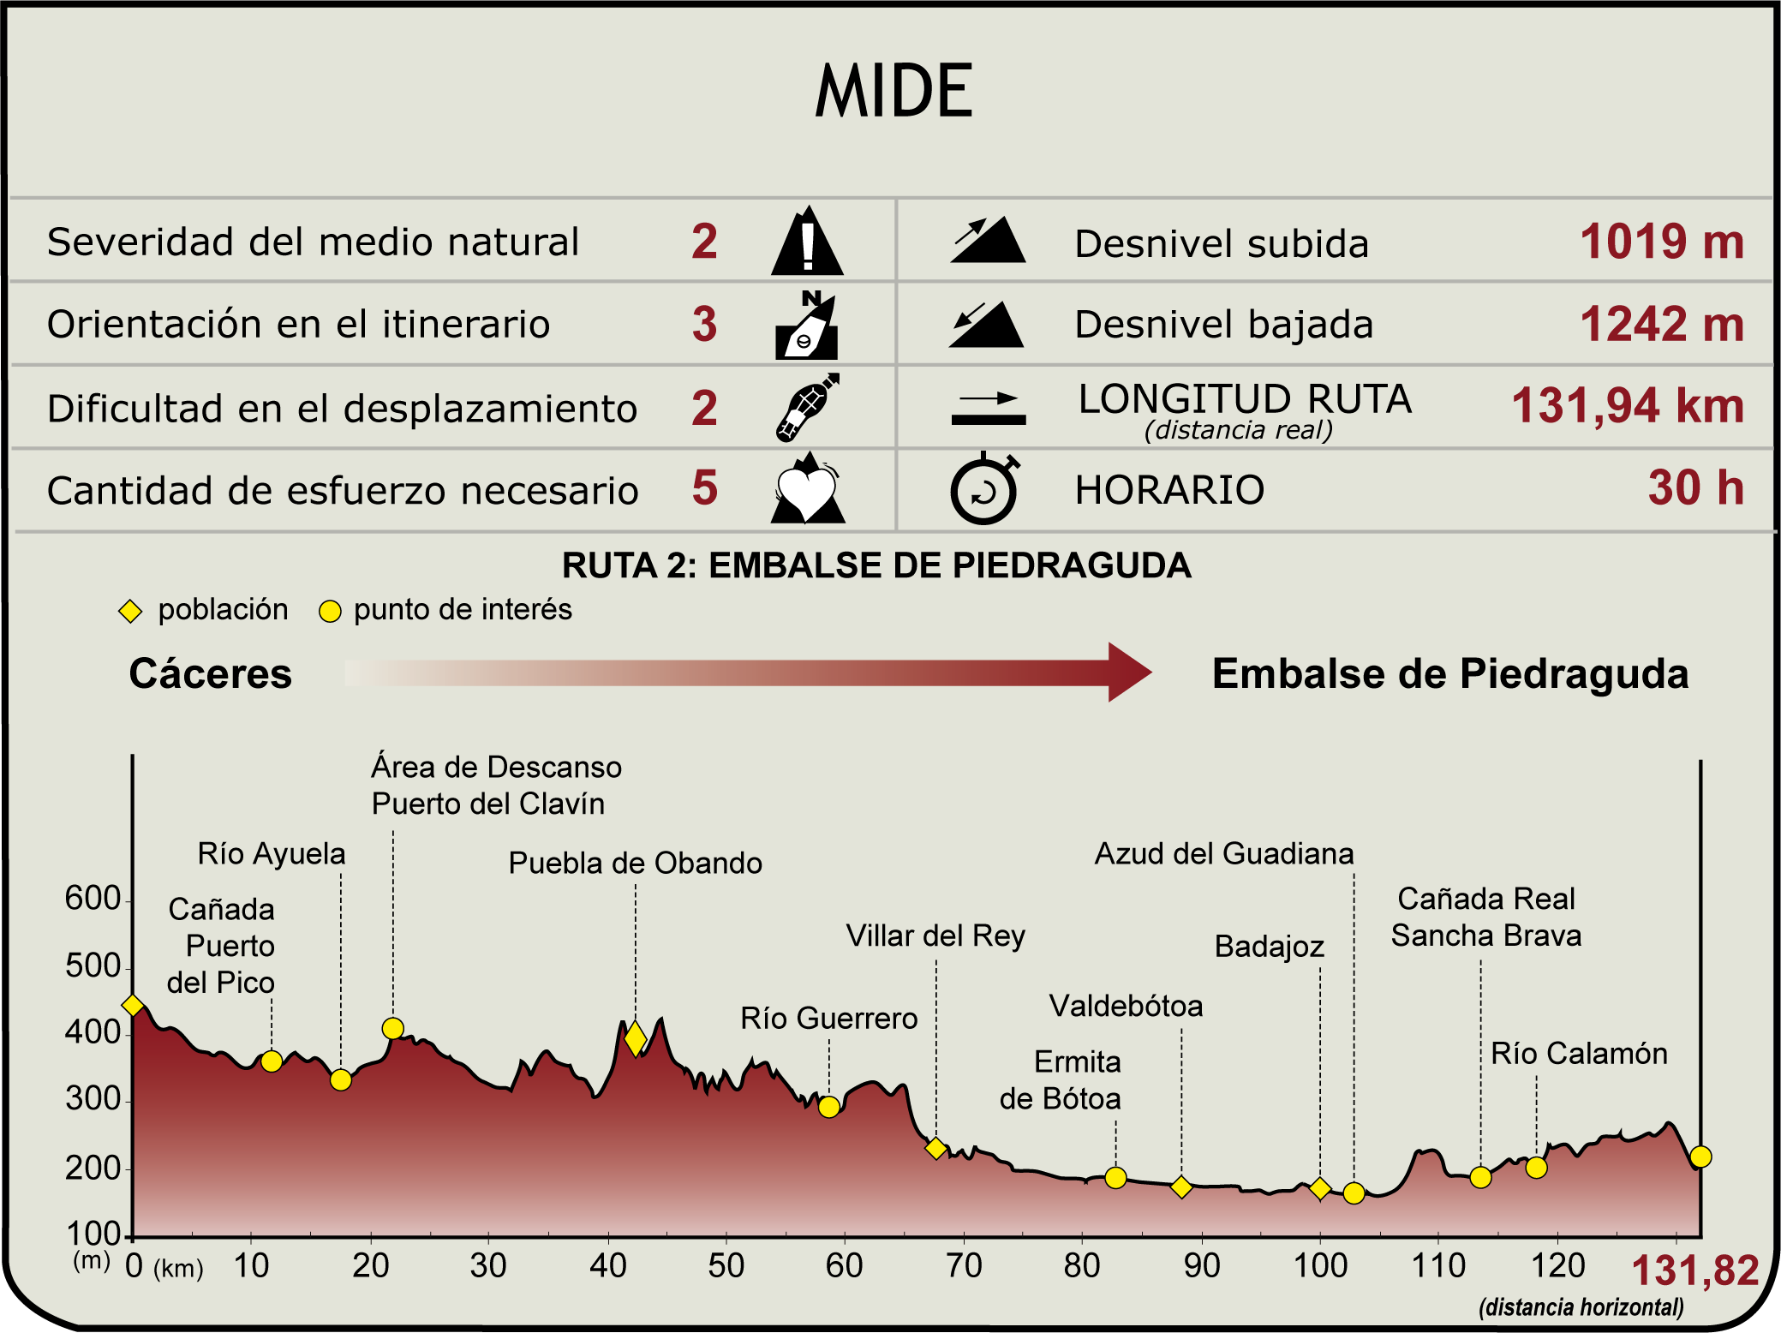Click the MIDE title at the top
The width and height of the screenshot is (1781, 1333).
click(x=893, y=91)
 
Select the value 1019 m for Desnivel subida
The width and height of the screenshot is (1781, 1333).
click(x=1661, y=242)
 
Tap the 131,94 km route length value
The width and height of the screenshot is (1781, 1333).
click(x=1627, y=406)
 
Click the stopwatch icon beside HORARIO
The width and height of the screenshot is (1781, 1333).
click(x=984, y=488)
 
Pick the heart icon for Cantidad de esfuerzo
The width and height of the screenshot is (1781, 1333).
click(x=807, y=489)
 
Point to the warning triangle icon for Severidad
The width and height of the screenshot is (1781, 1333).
click(x=807, y=242)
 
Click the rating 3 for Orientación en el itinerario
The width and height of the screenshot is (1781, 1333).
click(x=704, y=324)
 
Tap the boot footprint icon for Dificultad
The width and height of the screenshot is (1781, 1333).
click(x=806, y=407)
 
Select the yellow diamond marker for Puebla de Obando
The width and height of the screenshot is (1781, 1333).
click(x=635, y=1038)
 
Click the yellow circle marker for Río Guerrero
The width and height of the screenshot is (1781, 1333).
click(x=828, y=1107)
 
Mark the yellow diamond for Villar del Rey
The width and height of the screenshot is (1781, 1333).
click(x=936, y=1148)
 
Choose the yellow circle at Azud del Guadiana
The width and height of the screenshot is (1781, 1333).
click(x=1354, y=1193)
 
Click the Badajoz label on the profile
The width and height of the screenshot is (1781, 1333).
click(x=1269, y=947)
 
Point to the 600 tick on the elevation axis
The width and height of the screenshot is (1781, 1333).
click(x=93, y=899)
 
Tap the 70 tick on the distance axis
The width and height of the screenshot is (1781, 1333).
click(x=964, y=1265)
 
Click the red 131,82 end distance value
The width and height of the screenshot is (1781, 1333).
click(x=1694, y=1270)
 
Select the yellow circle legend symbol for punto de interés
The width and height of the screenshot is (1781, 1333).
click(x=330, y=611)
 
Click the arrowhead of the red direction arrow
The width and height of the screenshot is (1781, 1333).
click(x=1129, y=672)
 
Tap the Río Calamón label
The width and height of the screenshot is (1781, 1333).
click(x=1579, y=1053)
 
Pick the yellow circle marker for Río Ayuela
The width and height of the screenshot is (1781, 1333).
click(x=340, y=1079)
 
